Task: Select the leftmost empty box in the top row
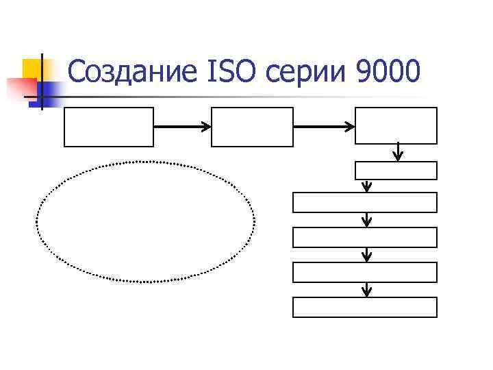(109, 127)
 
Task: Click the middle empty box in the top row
(252, 127)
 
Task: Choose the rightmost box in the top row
(396, 125)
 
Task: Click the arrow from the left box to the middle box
(182, 127)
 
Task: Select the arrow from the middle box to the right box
(324, 127)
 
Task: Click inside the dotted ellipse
(145, 222)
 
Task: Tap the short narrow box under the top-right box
(396, 170)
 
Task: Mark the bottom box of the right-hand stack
(365, 307)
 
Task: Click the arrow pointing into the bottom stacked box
(367, 290)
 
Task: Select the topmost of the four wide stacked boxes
(365, 202)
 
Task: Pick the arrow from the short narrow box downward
(367, 186)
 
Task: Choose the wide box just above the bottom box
(365, 272)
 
